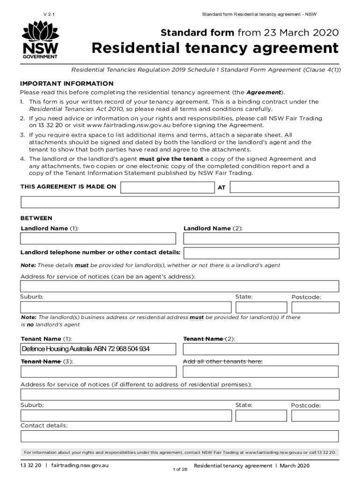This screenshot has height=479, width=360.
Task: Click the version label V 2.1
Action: [49, 15]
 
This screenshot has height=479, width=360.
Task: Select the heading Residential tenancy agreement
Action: [215, 48]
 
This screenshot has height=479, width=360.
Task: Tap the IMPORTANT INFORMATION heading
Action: [67, 83]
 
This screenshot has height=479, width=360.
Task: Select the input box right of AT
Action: [284, 187]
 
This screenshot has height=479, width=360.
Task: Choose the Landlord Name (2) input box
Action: [261, 239]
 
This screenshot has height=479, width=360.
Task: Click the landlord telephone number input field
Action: [261, 253]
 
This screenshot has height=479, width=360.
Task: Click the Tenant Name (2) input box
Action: [261, 349]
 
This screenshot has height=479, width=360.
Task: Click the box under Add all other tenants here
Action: [261, 372]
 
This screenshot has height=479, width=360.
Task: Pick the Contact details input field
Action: [180, 436]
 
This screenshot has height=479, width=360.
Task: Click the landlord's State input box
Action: [261, 307]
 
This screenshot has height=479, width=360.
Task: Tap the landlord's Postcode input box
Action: [315, 307]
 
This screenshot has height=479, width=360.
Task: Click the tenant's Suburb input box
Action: [126, 415]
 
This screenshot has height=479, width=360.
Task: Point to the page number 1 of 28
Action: [180, 469]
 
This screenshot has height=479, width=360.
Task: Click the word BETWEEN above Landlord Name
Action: [36, 218]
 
